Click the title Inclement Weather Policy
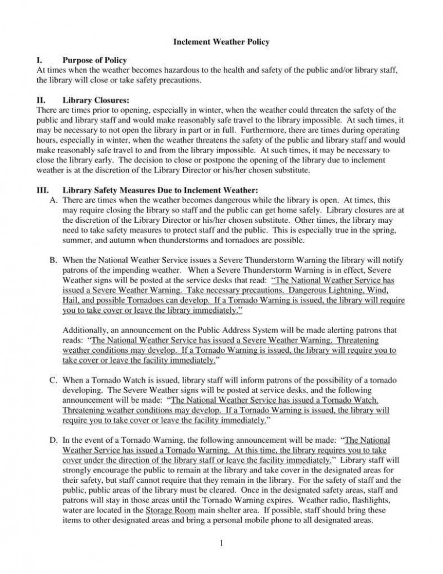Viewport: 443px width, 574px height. (x=221, y=42)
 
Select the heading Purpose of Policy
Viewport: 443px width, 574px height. (x=95, y=60)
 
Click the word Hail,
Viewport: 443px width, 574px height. (x=72, y=301)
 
